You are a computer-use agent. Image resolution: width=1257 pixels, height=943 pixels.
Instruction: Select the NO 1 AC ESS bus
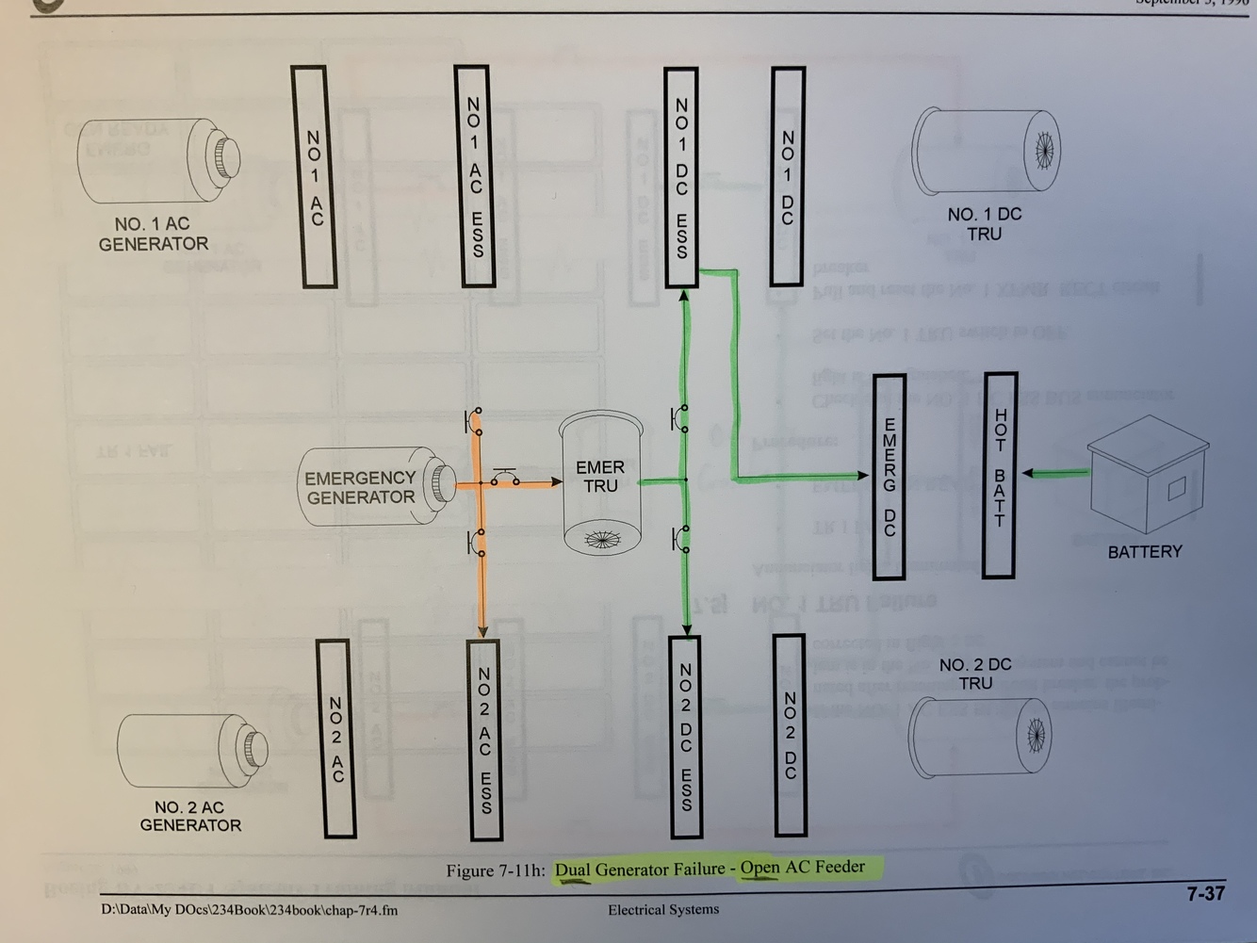(473, 176)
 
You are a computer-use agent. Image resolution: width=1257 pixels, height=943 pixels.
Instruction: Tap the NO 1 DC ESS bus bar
(681, 176)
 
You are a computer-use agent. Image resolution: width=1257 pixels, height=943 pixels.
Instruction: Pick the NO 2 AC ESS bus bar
(484, 739)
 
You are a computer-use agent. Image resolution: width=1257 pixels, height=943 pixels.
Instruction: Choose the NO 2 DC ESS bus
(686, 737)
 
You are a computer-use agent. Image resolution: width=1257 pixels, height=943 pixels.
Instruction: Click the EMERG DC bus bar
(890, 477)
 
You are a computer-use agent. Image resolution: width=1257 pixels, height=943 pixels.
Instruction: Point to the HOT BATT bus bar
(999, 475)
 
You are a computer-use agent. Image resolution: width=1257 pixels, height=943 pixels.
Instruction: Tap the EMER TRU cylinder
(600, 482)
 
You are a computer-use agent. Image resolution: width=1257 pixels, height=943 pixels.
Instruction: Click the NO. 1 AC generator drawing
(158, 161)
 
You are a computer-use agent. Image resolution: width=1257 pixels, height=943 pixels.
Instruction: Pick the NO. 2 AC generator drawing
(192, 751)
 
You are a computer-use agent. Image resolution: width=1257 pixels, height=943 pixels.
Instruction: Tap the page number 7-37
(1205, 893)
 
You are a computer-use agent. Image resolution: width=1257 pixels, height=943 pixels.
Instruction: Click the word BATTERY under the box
(1144, 552)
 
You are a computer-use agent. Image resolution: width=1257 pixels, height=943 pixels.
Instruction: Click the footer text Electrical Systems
(662, 909)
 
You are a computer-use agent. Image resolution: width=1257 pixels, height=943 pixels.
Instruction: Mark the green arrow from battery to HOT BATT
(1056, 473)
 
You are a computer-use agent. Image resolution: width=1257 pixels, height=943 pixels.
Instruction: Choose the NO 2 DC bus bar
(790, 735)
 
